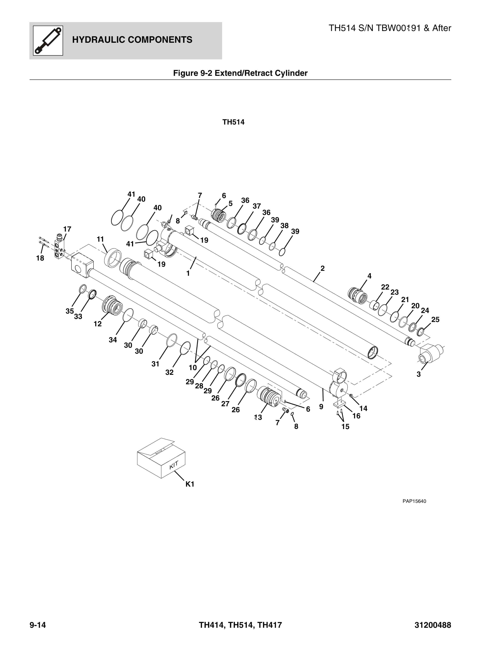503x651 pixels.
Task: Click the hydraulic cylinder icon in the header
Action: click(48, 40)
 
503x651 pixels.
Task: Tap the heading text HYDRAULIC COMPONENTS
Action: click(132, 40)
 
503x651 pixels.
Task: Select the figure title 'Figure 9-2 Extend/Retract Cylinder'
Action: click(240, 73)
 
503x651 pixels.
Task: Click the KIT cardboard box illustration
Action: click(161, 458)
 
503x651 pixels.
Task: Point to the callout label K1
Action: click(190, 484)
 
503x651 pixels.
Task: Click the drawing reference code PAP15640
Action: click(414, 501)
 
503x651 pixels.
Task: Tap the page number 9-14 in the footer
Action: click(38, 625)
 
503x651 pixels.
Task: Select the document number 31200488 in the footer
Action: click(433, 625)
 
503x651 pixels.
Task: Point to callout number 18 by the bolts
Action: click(40, 258)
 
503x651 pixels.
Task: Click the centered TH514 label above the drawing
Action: click(233, 122)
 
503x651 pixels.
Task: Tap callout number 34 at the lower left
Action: click(113, 340)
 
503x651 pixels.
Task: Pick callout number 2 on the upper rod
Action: click(322, 268)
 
